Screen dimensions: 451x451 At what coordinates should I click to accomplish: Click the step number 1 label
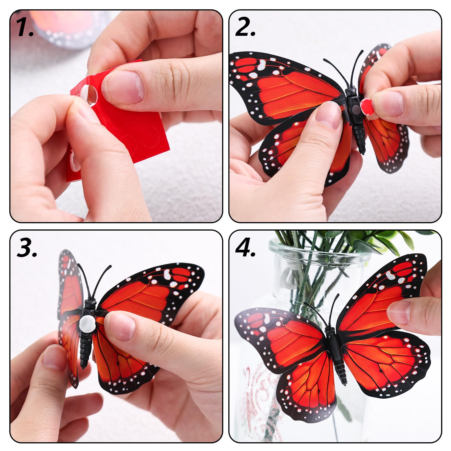25,28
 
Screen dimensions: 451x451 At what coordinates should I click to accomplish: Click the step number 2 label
245,28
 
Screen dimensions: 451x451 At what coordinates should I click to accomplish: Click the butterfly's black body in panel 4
335,350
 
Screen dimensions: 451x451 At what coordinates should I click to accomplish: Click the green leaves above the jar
352,240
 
